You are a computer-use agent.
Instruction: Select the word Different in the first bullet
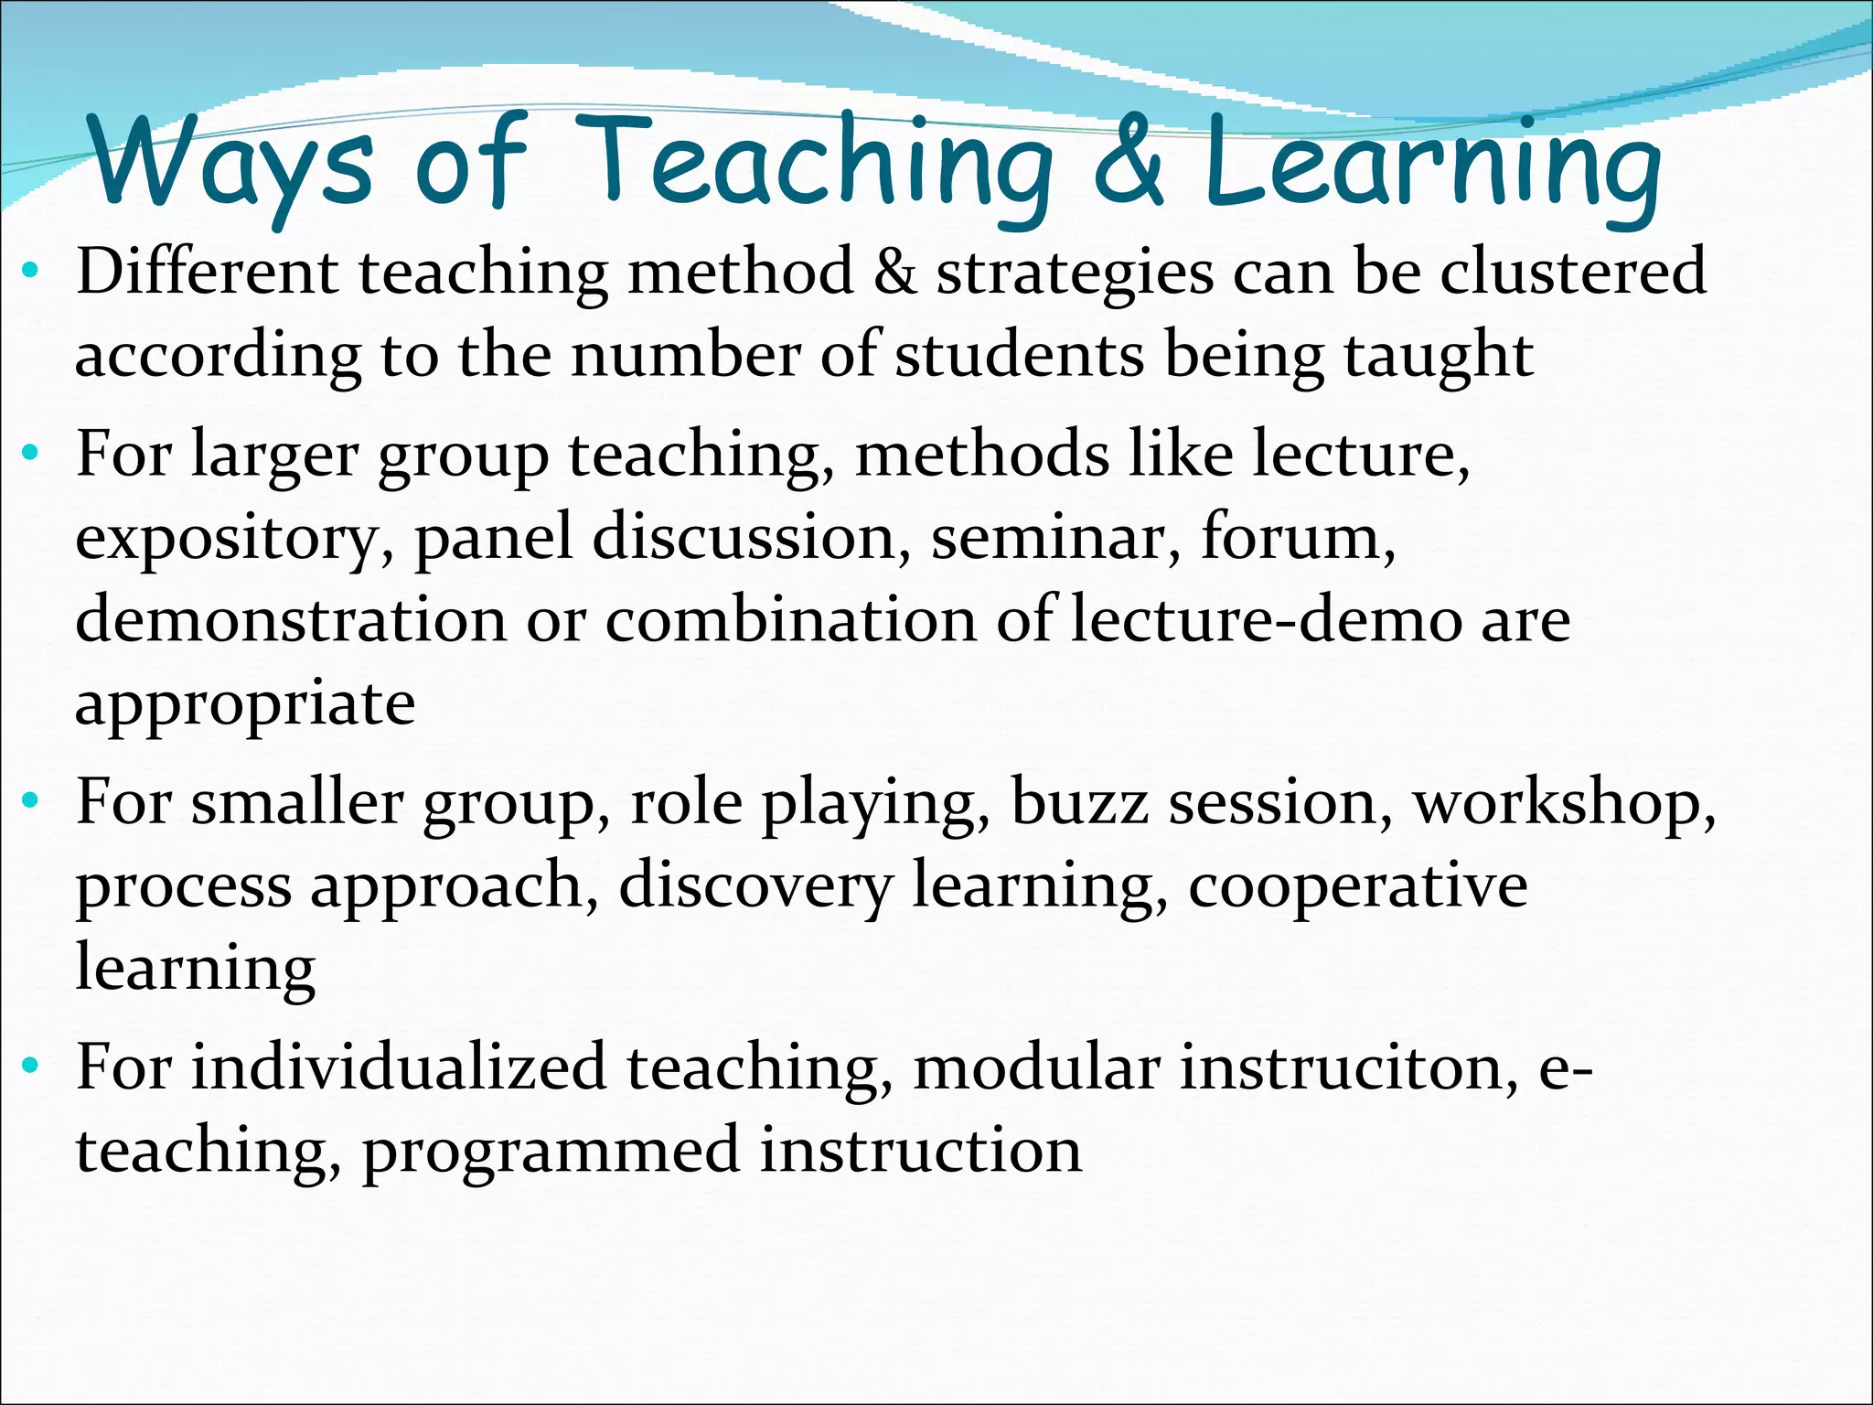207,272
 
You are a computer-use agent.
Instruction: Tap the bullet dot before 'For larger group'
31,452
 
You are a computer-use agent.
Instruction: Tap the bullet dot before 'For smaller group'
31,801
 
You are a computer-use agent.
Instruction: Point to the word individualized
399,1067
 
